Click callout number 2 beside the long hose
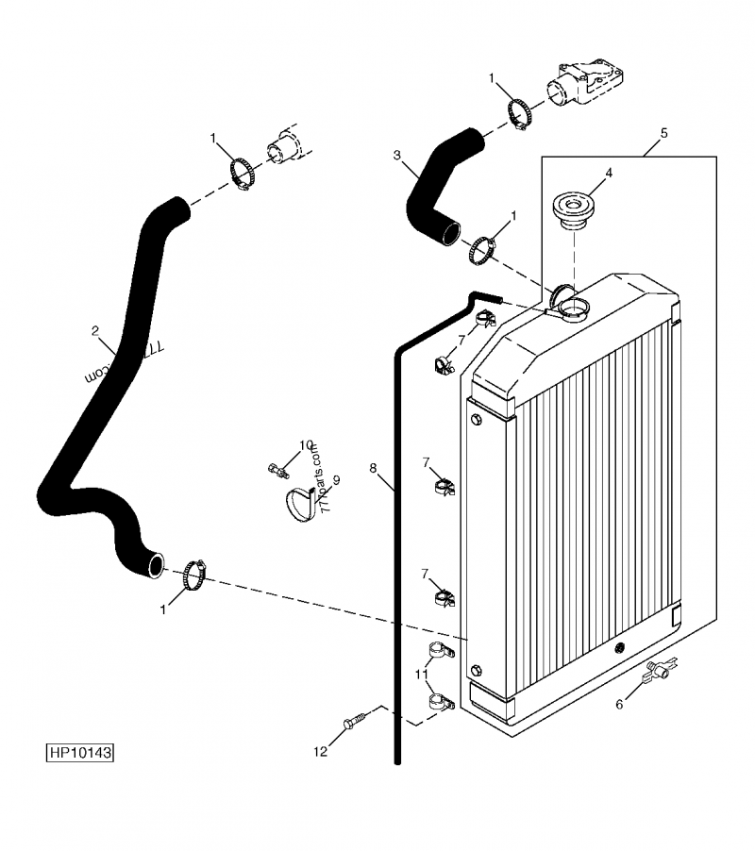coord(95,330)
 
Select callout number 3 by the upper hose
coord(397,154)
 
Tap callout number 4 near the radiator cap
coord(609,173)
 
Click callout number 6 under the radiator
coord(619,704)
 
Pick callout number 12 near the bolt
coord(321,751)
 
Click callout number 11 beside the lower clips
coord(419,674)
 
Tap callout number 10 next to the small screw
coord(306,445)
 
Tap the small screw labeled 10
coord(277,466)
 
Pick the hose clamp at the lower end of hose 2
coord(194,572)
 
